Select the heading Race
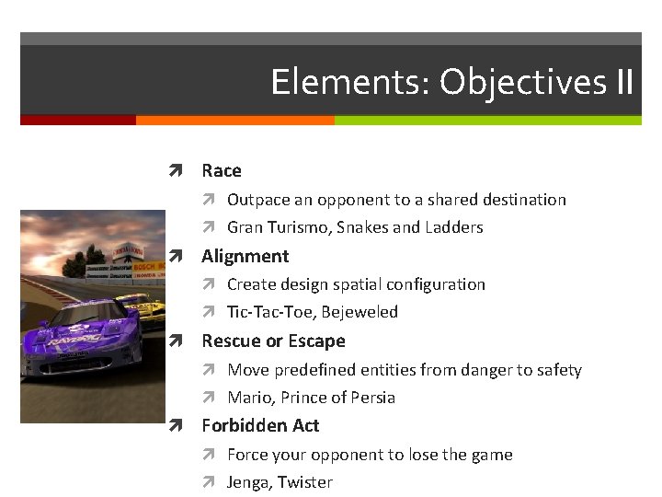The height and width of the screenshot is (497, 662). [x=222, y=170]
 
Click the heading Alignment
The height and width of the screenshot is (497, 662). [x=245, y=256]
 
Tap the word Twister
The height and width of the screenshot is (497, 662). [x=304, y=482]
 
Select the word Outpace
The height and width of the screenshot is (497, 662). [x=258, y=200]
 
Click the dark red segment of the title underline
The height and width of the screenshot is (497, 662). [x=78, y=121]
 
